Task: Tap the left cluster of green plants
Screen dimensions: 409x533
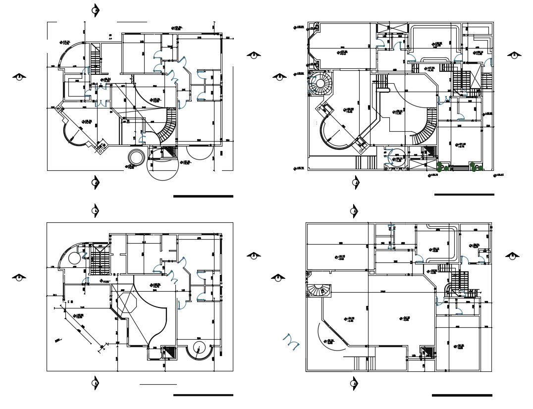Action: pyautogui.click(x=443, y=167)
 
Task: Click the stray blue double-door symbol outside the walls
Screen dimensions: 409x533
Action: pyautogui.click(x=291, y=341)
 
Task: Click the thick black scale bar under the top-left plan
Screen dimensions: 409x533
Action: pyautogui.click(x=203, y=196)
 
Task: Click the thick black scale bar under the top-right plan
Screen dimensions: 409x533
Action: pyautogui.click(x=464, y=194)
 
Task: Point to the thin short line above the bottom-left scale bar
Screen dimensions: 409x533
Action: pyautogui.click(x=158, y=384)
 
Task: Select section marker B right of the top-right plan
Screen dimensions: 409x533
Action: pyautogui.click(x=515, y=55)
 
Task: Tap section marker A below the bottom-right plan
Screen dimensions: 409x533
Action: pyautogui.click(x=354, y=383)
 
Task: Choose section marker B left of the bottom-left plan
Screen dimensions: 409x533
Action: pyautogui.click(x=19, y=277)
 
